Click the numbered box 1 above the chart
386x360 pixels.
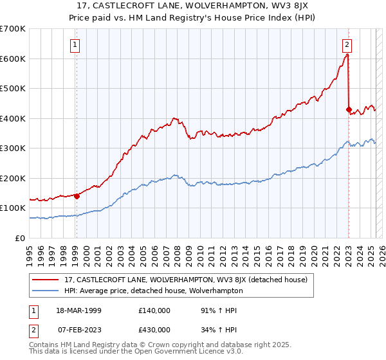coord(76,45)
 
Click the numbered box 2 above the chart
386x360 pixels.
coord(347,45)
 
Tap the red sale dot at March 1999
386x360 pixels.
coord(77,196)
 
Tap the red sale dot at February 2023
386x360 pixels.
coord(349,109)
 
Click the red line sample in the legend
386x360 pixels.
coord(46,280)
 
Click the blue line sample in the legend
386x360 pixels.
coord(46,291)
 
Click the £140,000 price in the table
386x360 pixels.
coord(154,310)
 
